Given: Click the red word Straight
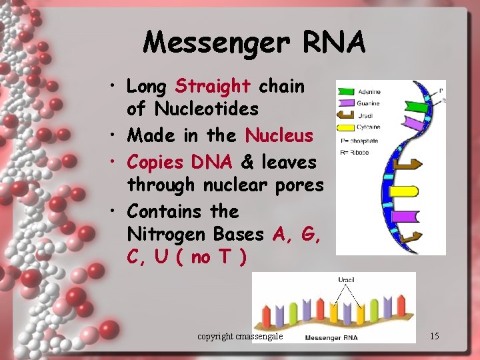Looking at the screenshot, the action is click(x=212, y=86).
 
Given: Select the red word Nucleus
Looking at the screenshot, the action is click(x=279, y=135).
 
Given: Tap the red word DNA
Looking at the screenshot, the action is click(x=211, y=162).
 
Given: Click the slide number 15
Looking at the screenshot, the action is click(x=434, y=336).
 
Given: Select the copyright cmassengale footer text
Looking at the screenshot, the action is click(x=240, y=337).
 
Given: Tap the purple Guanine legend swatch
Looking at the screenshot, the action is click(x=345, y=103).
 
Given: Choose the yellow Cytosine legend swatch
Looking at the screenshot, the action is click(x=345, y=126).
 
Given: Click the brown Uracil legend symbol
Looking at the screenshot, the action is click(x=345, y=115).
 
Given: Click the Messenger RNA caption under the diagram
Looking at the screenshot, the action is click(x=331, y=337).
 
